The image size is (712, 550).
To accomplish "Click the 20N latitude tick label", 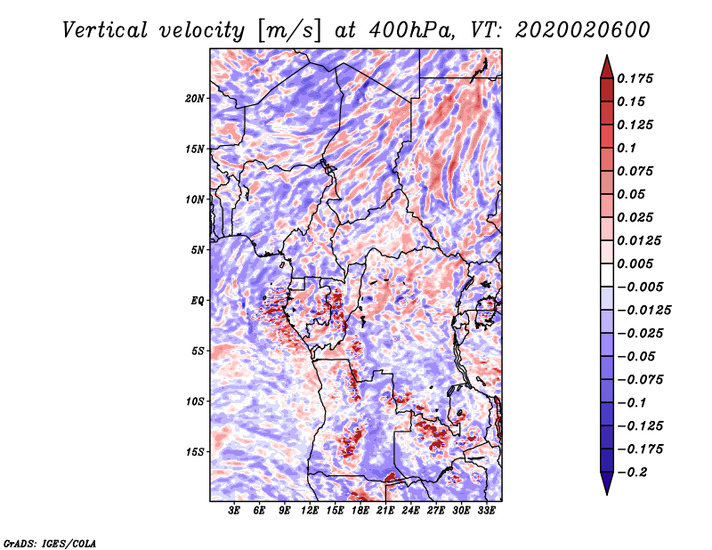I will pyautogui.click(x=195, y=98).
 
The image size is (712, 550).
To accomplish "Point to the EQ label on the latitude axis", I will pyautogui.click(x=198, y=300).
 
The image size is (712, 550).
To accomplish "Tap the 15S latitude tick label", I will pyautogui.click(x=195, y=451).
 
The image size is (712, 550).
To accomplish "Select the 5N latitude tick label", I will pyautogui.click(x=198, y=249).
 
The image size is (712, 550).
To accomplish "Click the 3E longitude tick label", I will pyautogui.click(x=234, y=512).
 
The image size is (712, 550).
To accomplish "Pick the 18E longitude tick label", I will pyautogui.click(x=360, y=512).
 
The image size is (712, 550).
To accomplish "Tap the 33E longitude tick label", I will pyautogui.click(x=487, y=512).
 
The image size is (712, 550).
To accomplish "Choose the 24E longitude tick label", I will pyautogui.click(x=411, y=512).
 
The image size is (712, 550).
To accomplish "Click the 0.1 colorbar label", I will pyautogui.click(x=632, y=148).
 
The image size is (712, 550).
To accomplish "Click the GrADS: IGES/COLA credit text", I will pyautogui.click(x=49, y=542).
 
